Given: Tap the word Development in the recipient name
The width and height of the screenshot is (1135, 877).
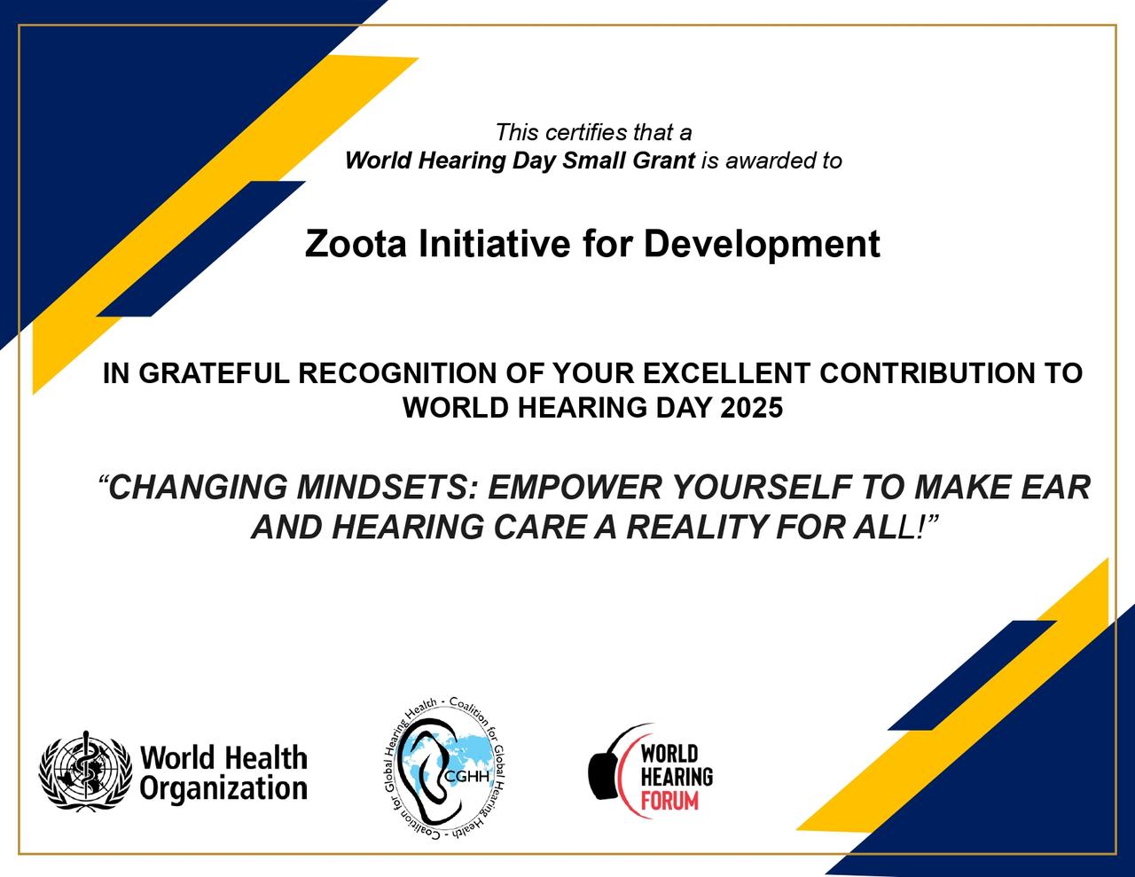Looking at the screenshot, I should (762, 245).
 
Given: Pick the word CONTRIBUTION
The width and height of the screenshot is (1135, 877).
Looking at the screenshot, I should (927, 373).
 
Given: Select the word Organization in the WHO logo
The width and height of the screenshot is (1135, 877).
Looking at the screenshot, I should (223, 787).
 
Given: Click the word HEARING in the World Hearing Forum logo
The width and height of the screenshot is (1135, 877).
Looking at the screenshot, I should (677, 777).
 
